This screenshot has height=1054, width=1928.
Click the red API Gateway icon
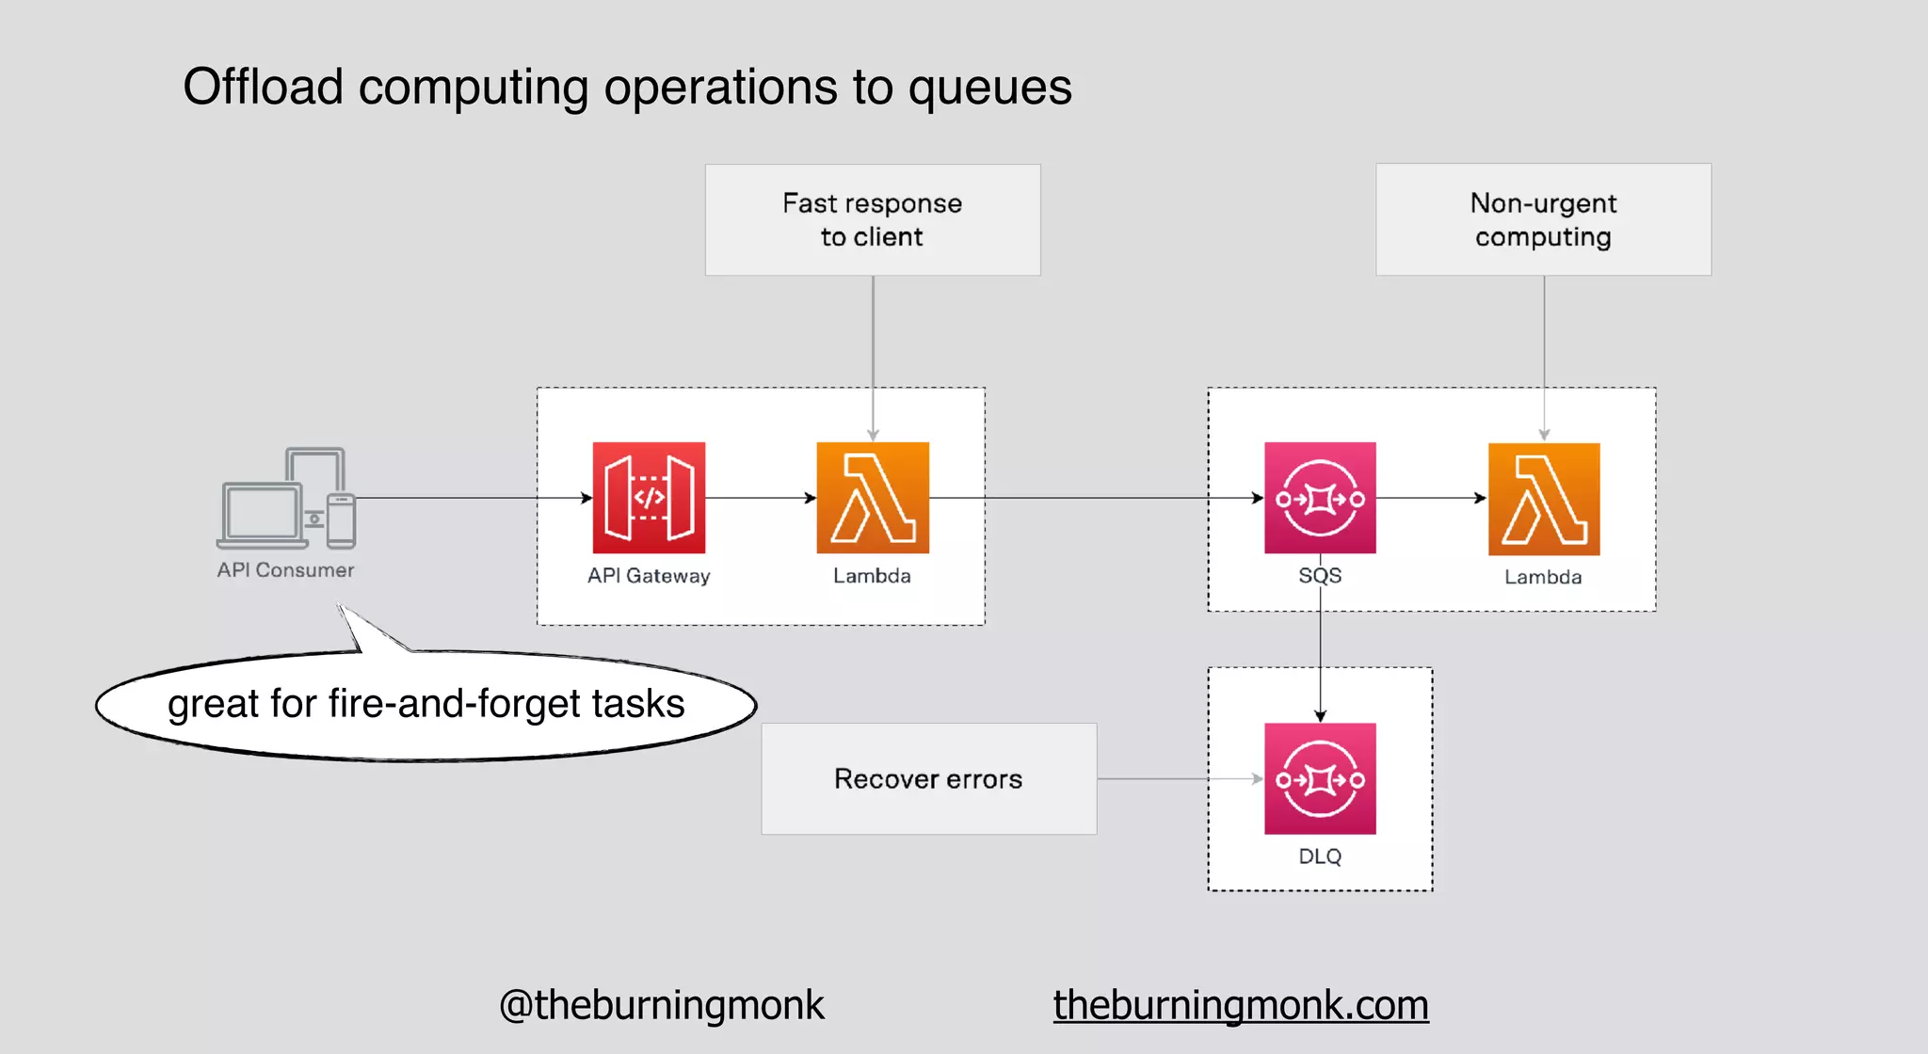pos(649,497)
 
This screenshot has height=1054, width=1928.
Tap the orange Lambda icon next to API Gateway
pos(873,497)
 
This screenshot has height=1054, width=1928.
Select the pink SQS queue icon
pos(1320,497)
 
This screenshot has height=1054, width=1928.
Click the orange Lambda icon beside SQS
pos(1544,498)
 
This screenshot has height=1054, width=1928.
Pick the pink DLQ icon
pos(1320,778)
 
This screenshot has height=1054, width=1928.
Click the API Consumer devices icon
pos(286,498)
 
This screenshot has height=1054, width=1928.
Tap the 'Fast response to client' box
pos(873,219)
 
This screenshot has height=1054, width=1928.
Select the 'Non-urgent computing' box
pos(1543,219)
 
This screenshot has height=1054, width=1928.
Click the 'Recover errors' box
pos(928,778)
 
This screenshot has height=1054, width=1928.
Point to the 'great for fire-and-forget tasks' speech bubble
pos(426,704)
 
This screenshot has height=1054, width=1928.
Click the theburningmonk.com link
pos(1241,1004)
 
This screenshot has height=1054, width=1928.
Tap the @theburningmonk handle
pos(661,1004)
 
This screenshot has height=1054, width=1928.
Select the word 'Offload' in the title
pos(263,88)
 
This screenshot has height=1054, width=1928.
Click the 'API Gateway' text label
pos(649,576)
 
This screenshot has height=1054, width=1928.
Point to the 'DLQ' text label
pos(1320,856)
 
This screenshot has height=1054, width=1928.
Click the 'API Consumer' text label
pos(285,570)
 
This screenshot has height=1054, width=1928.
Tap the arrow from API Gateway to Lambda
pos(761,498)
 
